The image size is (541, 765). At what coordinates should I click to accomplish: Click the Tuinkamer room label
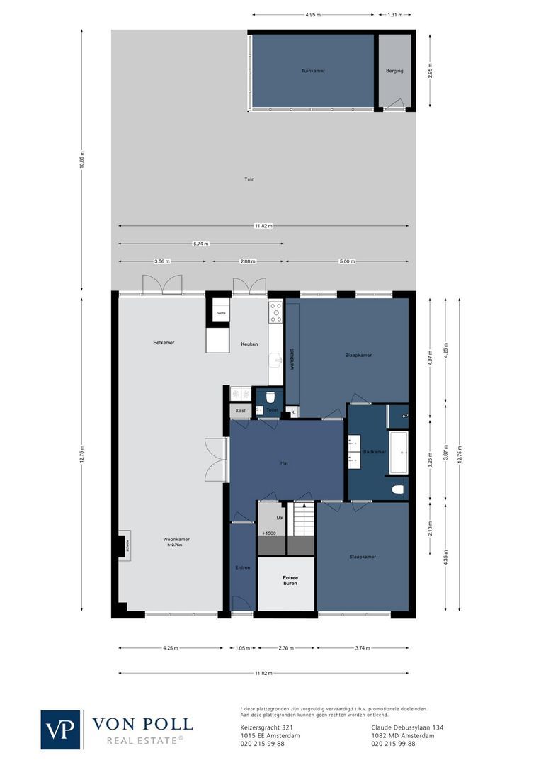pyautogui.click(x=312, y=71)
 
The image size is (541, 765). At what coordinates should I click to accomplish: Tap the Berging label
pyautogui.click(x=394, y=71)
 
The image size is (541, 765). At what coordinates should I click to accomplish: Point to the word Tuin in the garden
pyautogui.click(x=249, y=179)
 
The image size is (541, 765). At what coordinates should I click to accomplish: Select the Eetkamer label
pyautogui.click(x=164, y=343)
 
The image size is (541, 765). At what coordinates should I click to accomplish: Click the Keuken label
pyautogui.click(x=249, y=344)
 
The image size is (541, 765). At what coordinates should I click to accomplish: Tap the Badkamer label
pyautogui.click(x=374, y=452)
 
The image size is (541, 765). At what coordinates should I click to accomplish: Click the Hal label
pyautogui.click(x=284, y=463)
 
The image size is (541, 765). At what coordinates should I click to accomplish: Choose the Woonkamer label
pyautogui.click(x=176, y=540)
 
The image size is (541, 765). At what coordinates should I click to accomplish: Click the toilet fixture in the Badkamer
pyautogui.click(x=398, y=488)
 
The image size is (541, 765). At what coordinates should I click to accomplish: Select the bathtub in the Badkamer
pyautogui.click(x=399, y=452)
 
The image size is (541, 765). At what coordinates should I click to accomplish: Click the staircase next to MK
pyautogui.click(x=303, y=519)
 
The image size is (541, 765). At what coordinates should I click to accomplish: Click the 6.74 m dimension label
pyautogui.click(x=200, y=243)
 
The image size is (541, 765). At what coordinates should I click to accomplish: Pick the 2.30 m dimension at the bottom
pyautogui.click(x=286, y=647)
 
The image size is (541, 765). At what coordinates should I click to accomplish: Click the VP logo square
pyautogui.click(x=60, y=730)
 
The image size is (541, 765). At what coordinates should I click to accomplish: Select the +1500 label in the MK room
pyautogui.click(x=269, y=533)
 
